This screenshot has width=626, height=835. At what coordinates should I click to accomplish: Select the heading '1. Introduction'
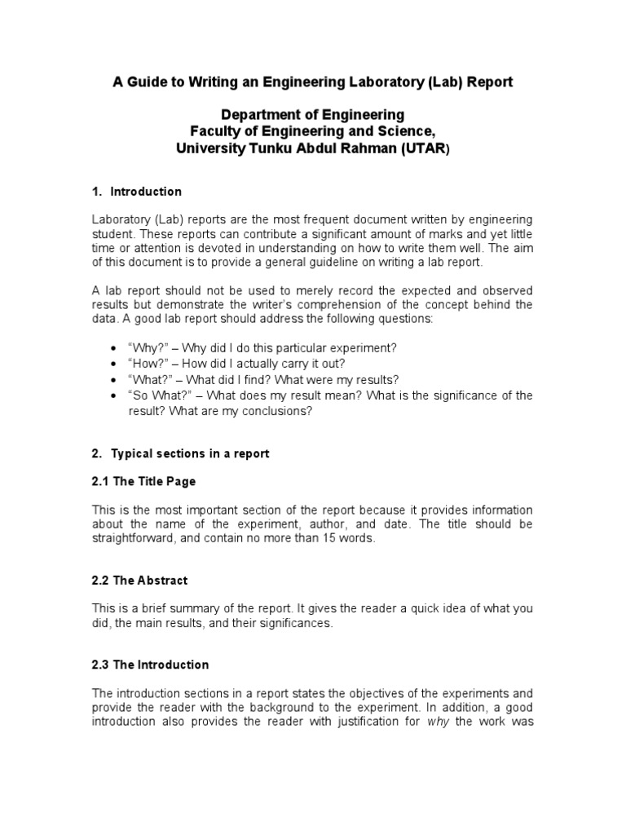click(x=136, y=192)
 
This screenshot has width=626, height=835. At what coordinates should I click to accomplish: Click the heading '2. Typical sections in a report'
click(x=180, y=453)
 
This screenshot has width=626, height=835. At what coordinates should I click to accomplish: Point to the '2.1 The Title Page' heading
click(x=143, y=481)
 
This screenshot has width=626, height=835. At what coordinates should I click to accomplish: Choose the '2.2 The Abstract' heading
click(x=139, y=581)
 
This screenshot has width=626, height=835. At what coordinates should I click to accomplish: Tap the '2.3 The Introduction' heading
click(x=150, y=665)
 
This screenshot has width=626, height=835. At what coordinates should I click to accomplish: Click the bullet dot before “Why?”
click(x=112, y=348)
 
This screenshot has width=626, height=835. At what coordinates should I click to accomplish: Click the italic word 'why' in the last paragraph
click(x=439, y=722)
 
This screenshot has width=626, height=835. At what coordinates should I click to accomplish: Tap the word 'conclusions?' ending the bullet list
click(x=277, y=412)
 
